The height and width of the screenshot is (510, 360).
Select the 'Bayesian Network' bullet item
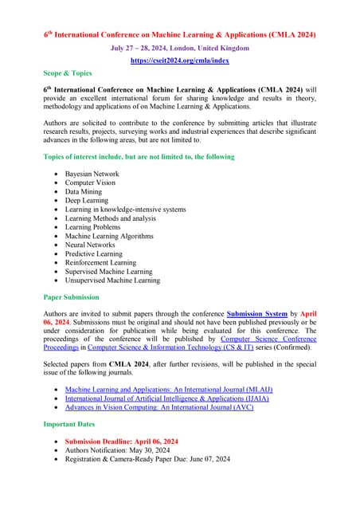(x=92, y=174)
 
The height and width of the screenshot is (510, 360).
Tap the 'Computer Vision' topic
(x=92, y=182)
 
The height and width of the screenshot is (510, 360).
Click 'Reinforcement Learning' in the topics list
(x=100, y=262)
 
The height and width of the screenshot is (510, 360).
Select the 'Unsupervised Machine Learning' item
(x=112, y=280)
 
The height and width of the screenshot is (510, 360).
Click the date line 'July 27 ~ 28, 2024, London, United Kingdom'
(x=180, y=48)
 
